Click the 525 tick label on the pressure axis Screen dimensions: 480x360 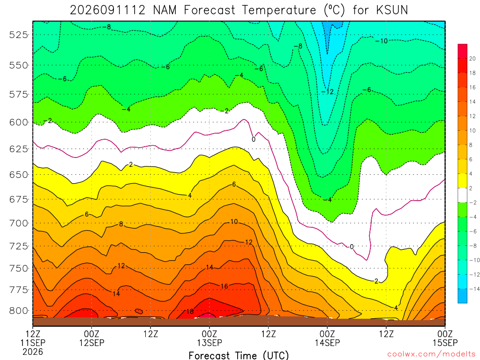19,35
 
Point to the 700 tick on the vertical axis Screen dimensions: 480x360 19,223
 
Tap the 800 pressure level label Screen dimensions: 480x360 19,311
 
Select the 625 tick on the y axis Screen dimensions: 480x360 19,149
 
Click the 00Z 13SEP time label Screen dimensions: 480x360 210,338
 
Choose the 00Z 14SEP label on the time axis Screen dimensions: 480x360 327,338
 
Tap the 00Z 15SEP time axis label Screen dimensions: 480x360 445,338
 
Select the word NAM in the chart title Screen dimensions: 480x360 165,10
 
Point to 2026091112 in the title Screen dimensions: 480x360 107,10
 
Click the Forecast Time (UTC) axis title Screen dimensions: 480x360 239,355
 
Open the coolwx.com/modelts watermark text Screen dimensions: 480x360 431,354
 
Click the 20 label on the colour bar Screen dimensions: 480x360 472,59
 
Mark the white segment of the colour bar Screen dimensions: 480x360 463,195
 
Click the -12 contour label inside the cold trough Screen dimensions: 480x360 327,91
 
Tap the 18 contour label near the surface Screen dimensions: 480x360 190,311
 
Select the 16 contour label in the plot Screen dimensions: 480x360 225,286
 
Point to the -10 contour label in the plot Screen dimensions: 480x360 382,41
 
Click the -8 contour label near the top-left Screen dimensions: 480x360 107,27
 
